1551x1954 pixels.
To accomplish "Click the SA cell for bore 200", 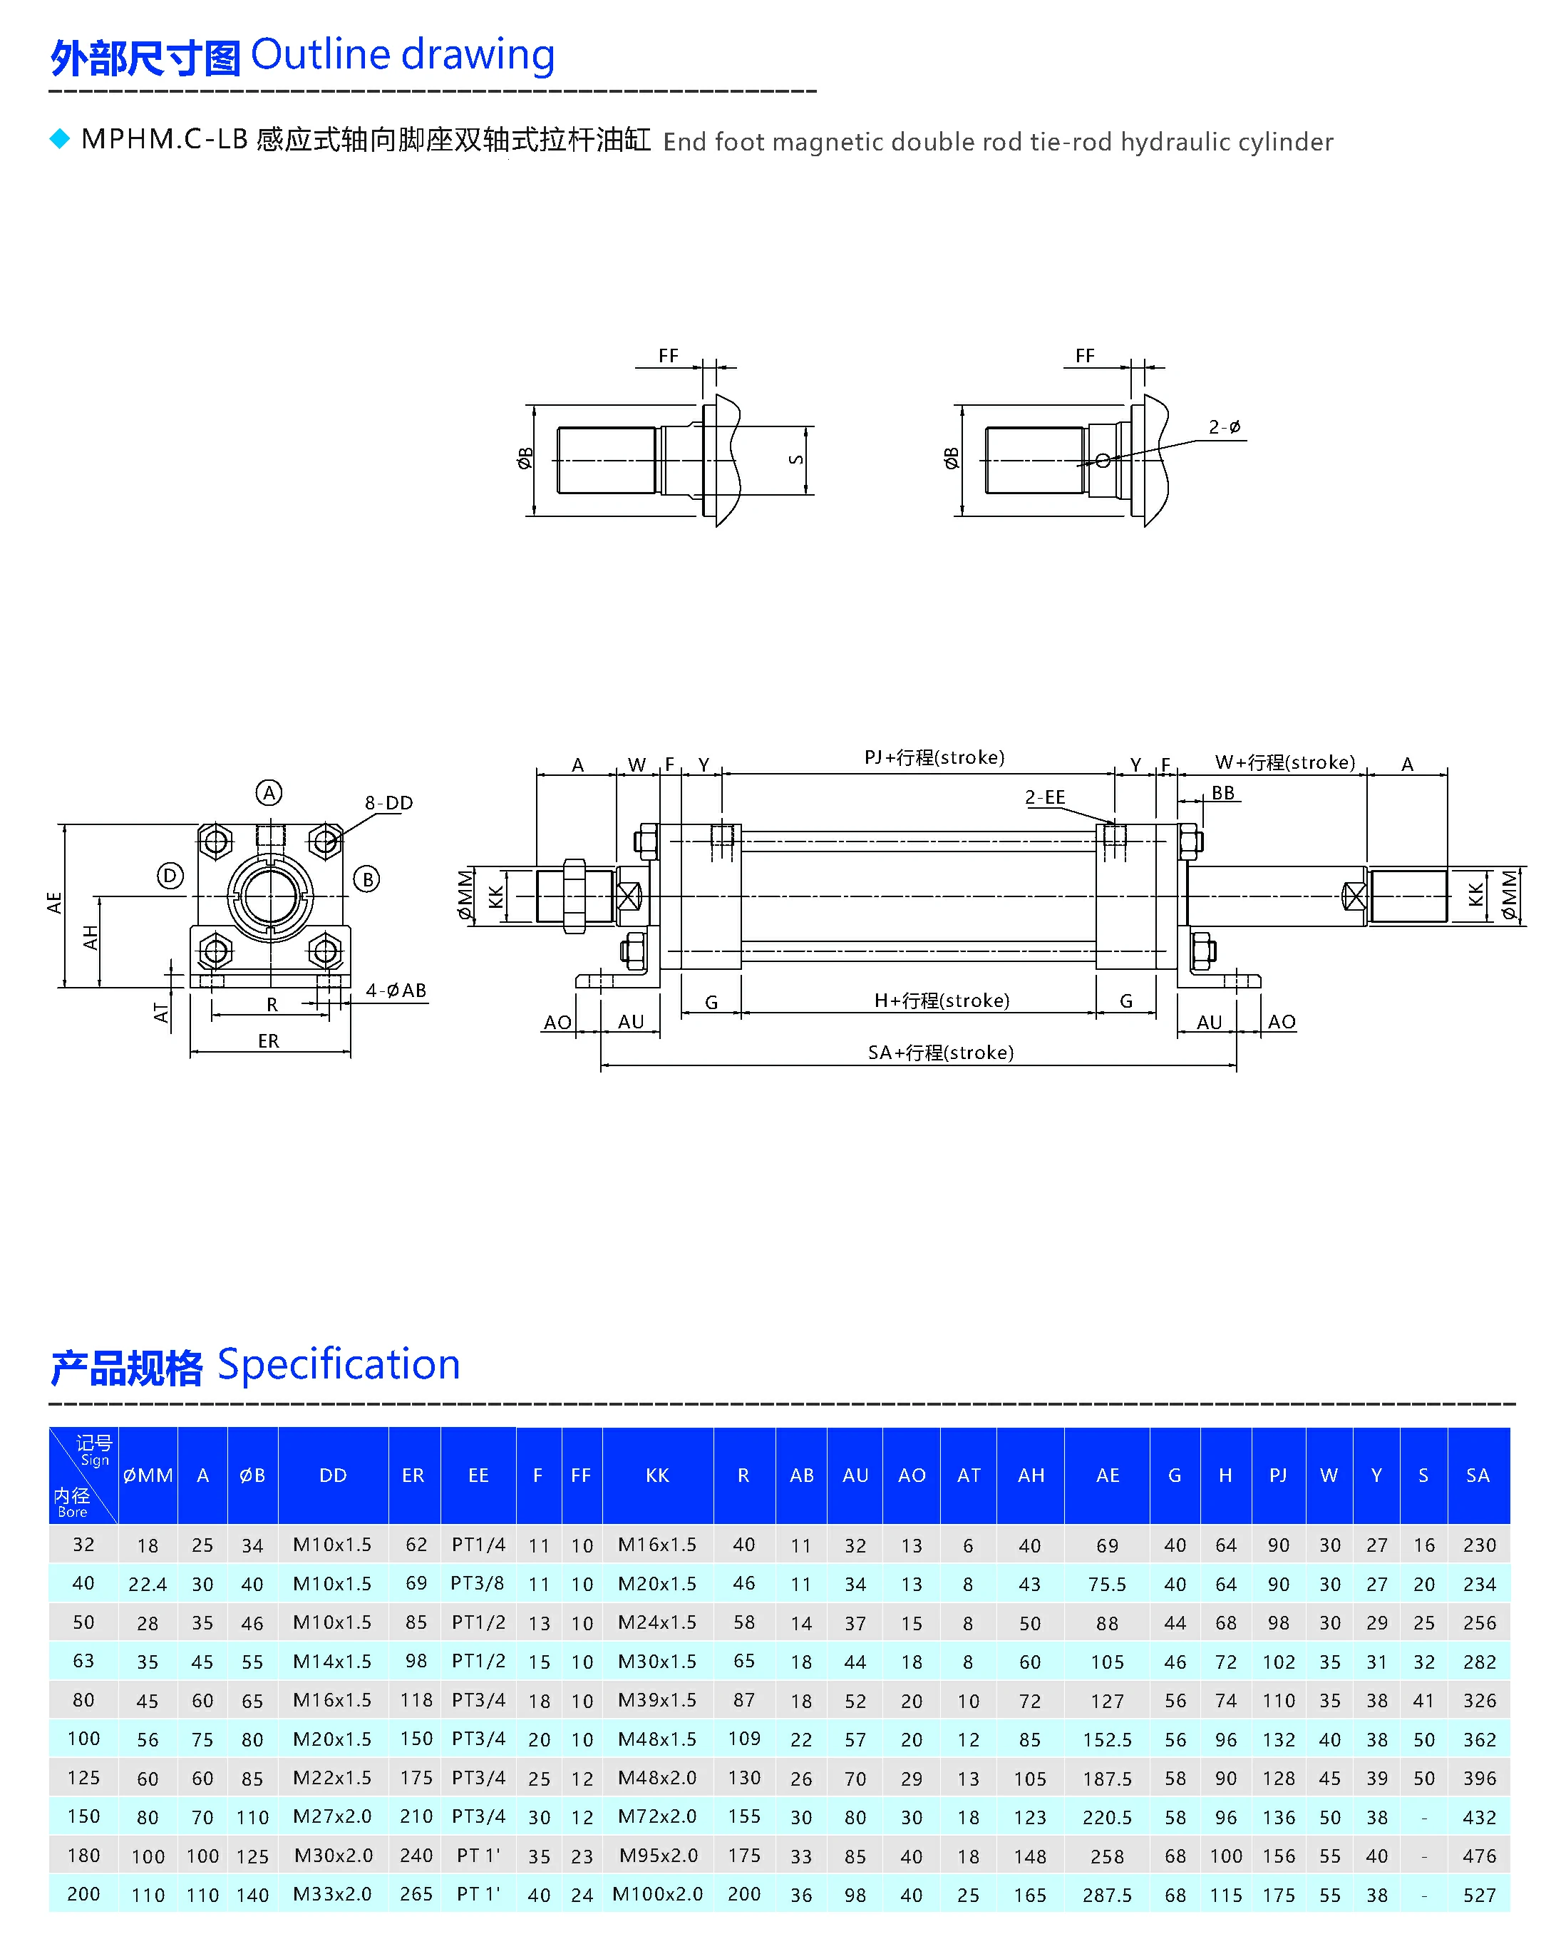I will pyautogui.click(x=1478, y=1894).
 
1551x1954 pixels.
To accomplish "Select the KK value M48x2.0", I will pyautogui.click(x=656, y=1777).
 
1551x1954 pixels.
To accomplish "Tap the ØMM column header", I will pyautogui.click(x=148, y=1475).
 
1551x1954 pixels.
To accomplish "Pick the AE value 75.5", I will pyautogui.click(x=1106, y=1583).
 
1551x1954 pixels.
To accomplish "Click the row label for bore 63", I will pyautogui.click(x=83, y=1660).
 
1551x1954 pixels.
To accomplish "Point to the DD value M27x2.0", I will pyautogui.click(x=331, y=1816).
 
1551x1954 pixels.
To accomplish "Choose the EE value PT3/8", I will pyautogui.click(x=478, y=1582).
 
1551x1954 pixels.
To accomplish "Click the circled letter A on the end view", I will pyautogui.click(x=269, y=793).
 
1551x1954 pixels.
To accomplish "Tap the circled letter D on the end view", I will pyautogui.click(x=170, y=876).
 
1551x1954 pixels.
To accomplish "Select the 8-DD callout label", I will pyautogui.click(x=388, y=803).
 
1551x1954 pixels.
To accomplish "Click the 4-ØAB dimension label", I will pyautogui.click(x=396, y=991).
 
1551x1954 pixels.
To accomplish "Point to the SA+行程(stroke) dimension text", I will pyautogui.click(x=940, y=1052).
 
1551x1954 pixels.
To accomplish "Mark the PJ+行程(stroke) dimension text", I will pyautogui.click(x=934, y=757).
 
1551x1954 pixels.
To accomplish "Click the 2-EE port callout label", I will pyautogui.click(x=1044, y=797).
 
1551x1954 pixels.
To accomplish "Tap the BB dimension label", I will pyautogui.click(x=1223, y=792).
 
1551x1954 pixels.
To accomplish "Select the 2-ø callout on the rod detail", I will pyautogui.click(x=1224, y=427).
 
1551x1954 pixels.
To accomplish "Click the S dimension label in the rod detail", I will pyautogui.click(x=796, y=459).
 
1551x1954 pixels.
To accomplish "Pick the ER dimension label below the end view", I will pyautogui.click(x=268, y=1040).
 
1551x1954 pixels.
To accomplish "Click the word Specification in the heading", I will pyautogui.click(x=338, y=1364).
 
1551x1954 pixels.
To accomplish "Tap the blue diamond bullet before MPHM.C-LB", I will pyautogui.click(x=60, y=138).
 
